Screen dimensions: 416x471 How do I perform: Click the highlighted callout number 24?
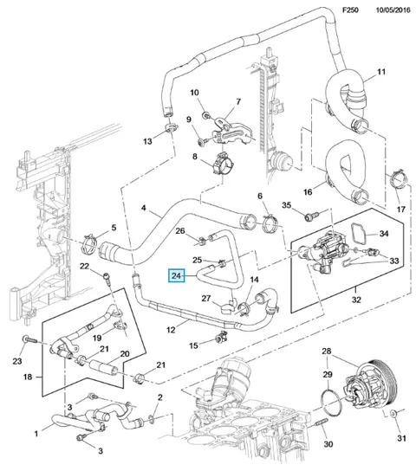point(177,275)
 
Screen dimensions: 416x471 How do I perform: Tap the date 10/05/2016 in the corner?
point(393,10)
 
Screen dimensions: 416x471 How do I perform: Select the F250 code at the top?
point(350,10)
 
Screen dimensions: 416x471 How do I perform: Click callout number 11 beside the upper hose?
point(381,72)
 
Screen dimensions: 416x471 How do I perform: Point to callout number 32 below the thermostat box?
point(356,300)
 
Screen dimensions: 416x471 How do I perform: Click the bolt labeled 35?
point(309,216)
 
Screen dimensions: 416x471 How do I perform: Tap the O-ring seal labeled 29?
point(331,403)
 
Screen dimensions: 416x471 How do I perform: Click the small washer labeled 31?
point(393,414)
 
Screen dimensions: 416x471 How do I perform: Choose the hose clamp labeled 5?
point(89,242)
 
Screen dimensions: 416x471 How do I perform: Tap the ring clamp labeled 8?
point(222,164)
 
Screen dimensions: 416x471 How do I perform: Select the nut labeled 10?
point(205,115)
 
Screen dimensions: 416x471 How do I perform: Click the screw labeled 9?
point(202,141)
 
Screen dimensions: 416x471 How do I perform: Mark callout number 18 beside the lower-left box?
point(28,376)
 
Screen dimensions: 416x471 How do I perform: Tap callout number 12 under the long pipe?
point(171,330)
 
